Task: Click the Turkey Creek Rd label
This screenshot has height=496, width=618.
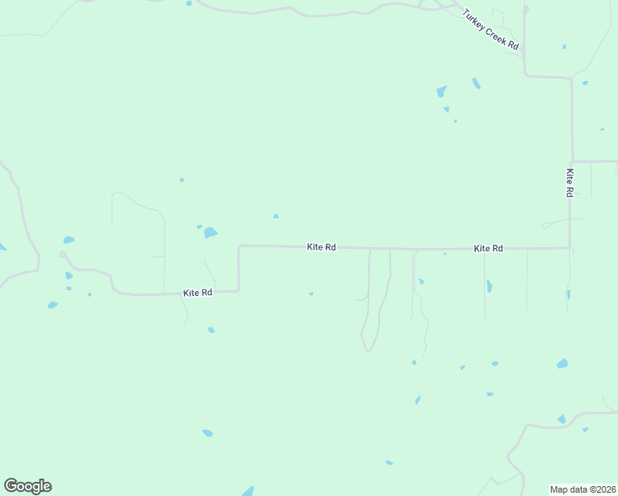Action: pyautogui.click(x=490, y=31)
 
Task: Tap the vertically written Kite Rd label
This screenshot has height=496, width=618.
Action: pyautogui.click(x=569, y=183)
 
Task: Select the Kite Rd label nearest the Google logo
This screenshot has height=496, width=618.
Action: pyautogui.click(x=197, y=293)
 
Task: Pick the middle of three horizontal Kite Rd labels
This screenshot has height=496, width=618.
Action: pyautogui.click(x=321, y=246)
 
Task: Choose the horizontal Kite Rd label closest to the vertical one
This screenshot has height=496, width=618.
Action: pyautogui.click(x=488, y=248)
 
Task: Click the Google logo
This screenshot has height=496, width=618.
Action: pyautogui.click(x=28, y=486)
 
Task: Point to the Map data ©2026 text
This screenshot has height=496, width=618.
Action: pyautogui.click(x=582, y=489)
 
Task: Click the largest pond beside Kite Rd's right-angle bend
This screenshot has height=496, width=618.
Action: pyautogui.click(x=210, y=233)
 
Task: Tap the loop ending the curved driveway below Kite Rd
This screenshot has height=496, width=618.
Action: pyautogui.click(x=368, y=345)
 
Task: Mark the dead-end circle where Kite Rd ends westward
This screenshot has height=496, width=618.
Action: pyautogui.click(x=62, y=255)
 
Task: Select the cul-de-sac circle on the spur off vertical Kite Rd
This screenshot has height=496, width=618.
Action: pyautogui.click(x=544, y=226)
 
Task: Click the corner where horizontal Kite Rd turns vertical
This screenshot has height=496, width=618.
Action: pyautogui.click(x=569, y=246)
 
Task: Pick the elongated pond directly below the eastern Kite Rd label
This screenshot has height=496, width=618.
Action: pyautogui.click(x=489, y=286)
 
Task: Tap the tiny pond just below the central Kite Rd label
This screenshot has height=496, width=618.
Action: pyautogui.click(x=311, y=293)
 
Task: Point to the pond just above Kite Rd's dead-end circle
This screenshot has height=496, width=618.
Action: pyautogui.click(x=69, y=241)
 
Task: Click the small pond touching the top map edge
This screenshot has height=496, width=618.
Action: pyautogui.click(x=189, y=3)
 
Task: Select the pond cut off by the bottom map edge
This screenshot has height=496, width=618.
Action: pyautogui.click(x=248, y=491)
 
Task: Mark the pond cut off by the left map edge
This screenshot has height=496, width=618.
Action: pyautogui.click(x=2, y=247)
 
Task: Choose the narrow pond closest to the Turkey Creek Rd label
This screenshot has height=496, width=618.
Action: pyautogui.click(x=476, y=83)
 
